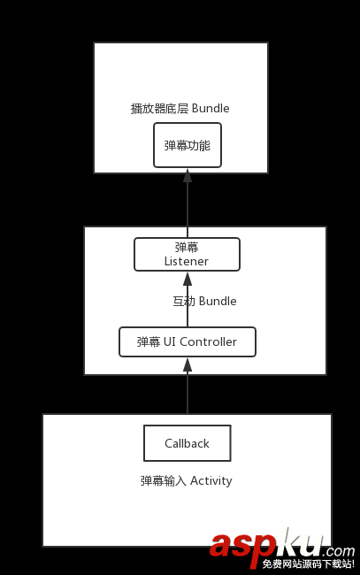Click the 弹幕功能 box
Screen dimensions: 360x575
(188, 145)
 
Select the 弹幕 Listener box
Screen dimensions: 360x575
(187, 254)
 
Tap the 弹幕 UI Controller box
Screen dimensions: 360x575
(188, 341)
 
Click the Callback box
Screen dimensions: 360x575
(188, 443)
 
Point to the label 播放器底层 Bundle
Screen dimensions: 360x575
(180, 109)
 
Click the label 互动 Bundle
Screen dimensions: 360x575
(204, 301)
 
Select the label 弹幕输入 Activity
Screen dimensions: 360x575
(187, 480)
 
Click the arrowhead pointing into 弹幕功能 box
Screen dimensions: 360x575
(188, 175)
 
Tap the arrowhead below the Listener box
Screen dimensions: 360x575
(188, 279)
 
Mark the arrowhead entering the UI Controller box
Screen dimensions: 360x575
(188, 364)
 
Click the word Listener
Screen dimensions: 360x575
(187, 261)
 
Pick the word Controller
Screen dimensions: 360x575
(208, 341)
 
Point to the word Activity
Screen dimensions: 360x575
(211, 480)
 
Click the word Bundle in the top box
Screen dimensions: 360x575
(211, 108)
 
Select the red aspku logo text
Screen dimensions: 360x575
(266, 547)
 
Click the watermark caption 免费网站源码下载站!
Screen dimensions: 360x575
(309, 563)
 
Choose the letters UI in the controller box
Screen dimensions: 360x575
(169, 341)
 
